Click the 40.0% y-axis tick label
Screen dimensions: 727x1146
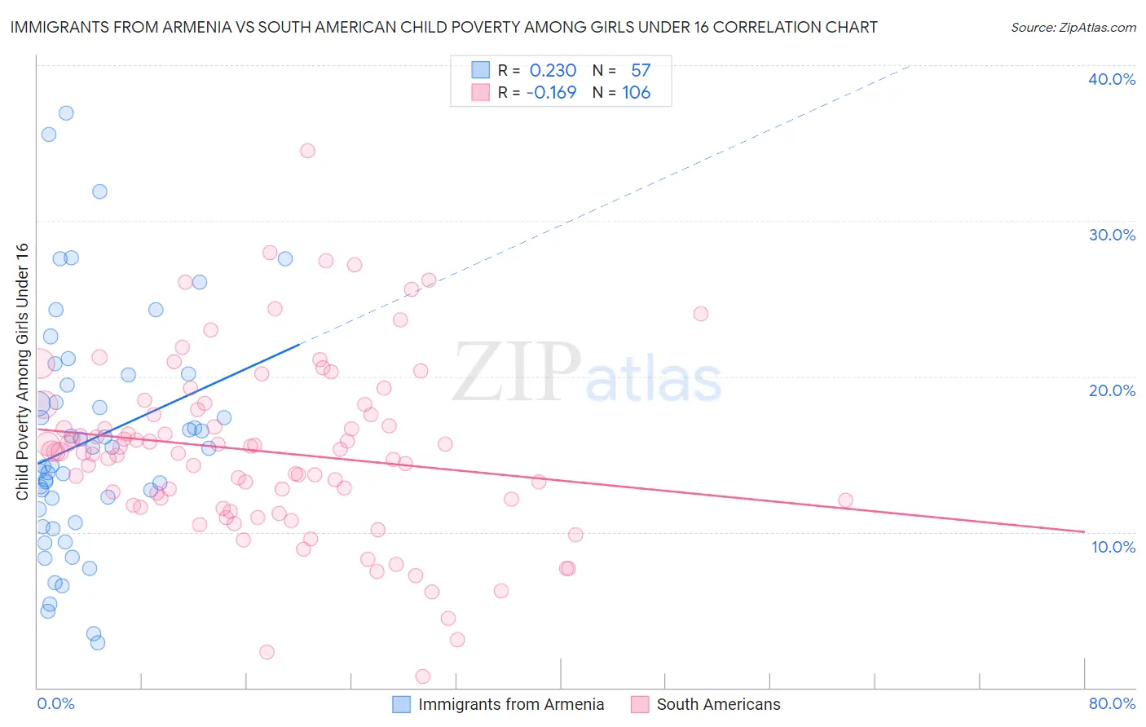point(1112,79)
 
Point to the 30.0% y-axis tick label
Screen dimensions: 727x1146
point(1112,235)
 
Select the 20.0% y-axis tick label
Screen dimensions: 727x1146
point(1112,390)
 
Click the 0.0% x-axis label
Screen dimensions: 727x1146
point(55,703)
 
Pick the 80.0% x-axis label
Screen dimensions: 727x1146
point(1112,703)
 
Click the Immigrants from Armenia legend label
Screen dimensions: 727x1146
point(511,704)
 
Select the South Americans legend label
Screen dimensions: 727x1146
point(718,704)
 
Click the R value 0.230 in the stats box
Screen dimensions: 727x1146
point(553,71)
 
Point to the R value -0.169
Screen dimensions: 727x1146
point(551,93)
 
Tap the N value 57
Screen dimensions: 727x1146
point(641,71)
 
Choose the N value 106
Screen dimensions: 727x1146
point(637,93)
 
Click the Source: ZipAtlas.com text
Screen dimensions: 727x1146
point(1073,27)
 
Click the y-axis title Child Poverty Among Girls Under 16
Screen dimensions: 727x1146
point(22,372)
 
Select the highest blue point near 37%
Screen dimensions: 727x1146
point(66,113)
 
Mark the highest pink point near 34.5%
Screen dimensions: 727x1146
point(307,151)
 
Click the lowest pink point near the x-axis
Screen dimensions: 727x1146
point(422,676)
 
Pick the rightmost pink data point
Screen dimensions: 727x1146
point(845,500)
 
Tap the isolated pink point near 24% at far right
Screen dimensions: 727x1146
point(700,314)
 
